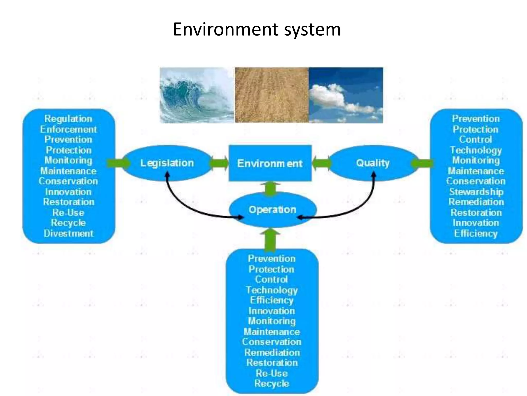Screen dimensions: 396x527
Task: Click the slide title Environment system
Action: [257, 29]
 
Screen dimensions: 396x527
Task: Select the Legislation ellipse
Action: [167, 163]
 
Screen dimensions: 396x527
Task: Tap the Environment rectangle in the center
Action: [270, 163]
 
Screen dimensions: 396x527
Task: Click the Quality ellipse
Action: [373, 163]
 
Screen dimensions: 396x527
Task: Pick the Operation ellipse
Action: [272, 209]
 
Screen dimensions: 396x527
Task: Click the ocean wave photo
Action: [197, 95]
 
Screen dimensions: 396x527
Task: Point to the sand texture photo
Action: [271, 95]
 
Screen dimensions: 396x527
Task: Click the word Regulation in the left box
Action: [68, 119]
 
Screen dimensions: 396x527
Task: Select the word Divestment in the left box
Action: [68, 233]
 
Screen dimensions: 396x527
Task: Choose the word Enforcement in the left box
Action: [68, 129]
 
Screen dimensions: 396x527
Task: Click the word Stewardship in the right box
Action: [476, 192]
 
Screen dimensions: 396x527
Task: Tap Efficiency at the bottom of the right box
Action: [476, 233]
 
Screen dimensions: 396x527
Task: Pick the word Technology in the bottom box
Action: [272, 290]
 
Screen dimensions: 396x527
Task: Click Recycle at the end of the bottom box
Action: [272, 383]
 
